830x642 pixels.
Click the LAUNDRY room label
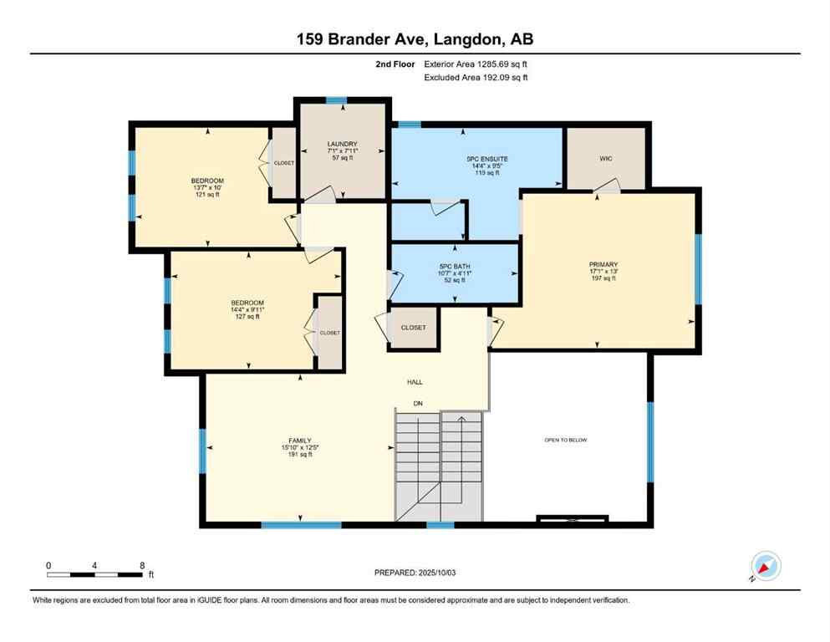(342, 144)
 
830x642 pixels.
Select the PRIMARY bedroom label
(602, 263)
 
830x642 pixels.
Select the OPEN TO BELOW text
(566, 440)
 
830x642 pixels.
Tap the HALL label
(415, 381)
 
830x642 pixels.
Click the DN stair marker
(419, 404)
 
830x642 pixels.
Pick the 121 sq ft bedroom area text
(206, 195)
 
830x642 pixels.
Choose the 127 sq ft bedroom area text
(247, 317)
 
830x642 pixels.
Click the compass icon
(765, 566)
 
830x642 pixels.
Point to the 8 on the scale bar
(141, 565)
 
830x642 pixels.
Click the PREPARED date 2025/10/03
(415, 573)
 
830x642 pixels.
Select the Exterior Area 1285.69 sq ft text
(476, 64)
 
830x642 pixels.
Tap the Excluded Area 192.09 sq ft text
(476, 78)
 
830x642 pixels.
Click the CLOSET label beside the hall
(413, 328)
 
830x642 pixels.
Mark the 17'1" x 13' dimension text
(602, 271)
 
